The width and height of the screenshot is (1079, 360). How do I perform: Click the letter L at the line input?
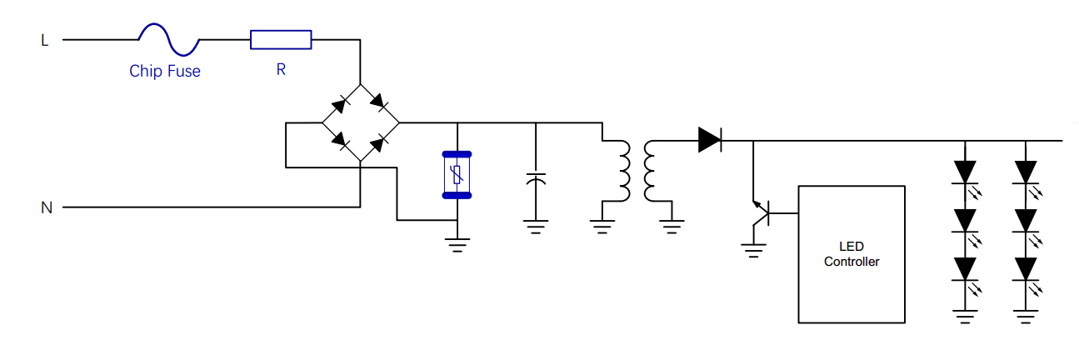(45, 39)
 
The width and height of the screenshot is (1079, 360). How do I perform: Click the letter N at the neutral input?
(47, 207)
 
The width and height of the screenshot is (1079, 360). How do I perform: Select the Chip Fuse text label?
(165, 72)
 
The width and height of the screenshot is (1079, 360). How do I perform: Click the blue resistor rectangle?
(281, 39)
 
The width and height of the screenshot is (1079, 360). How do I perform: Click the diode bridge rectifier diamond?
(360, 123)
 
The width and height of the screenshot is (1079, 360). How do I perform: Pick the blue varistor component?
(457, 174)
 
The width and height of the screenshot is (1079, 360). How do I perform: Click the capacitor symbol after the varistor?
(536, 179)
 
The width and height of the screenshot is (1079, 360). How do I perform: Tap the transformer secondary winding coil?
(649, 172)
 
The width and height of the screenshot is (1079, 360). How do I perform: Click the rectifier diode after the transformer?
(710, 140)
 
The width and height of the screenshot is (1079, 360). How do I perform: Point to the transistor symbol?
(760, 214)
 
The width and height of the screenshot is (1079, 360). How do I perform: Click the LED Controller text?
(852, 254)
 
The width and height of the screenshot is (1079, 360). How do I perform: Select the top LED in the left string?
(966, 172)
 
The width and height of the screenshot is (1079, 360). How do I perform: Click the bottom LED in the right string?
(1026, 268)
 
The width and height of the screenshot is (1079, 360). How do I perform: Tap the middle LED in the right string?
(1026, 220)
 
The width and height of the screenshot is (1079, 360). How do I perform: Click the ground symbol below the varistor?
(457, 244)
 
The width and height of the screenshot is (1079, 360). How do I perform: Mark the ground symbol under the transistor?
(754, 249)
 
